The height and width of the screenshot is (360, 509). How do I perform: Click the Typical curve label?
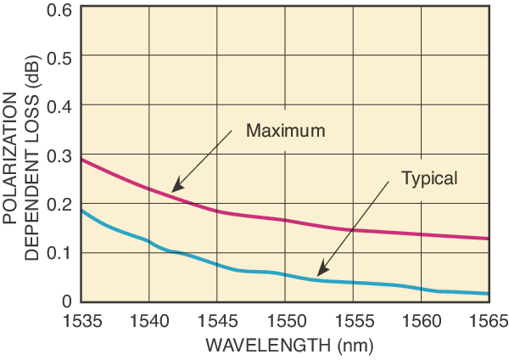pyautogui.click(x=429, y=178)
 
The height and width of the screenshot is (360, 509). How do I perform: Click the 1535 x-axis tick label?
pyautogui.click(x=81, y=320)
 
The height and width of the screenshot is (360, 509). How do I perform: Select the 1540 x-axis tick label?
pyautogui.click(x=149, y=320)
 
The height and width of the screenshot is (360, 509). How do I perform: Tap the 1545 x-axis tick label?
pyautogui.click(x=217, y=320)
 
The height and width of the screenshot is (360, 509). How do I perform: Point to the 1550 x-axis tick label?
pyautogui.click(x=285, y=320)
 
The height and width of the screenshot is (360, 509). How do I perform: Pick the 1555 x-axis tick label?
pyautogui.click(x=353, y=320)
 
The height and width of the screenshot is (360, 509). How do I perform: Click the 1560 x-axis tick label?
pyautogui.click(x=421, y=320)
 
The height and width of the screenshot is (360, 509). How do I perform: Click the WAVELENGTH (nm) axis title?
pyautogui.click(x=285, y=346)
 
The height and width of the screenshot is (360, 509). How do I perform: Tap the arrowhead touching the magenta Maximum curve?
pyautogui.click(x=174, y=189)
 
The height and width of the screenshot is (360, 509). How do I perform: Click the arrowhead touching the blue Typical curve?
pyautogui.click(x=319, y=274)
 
